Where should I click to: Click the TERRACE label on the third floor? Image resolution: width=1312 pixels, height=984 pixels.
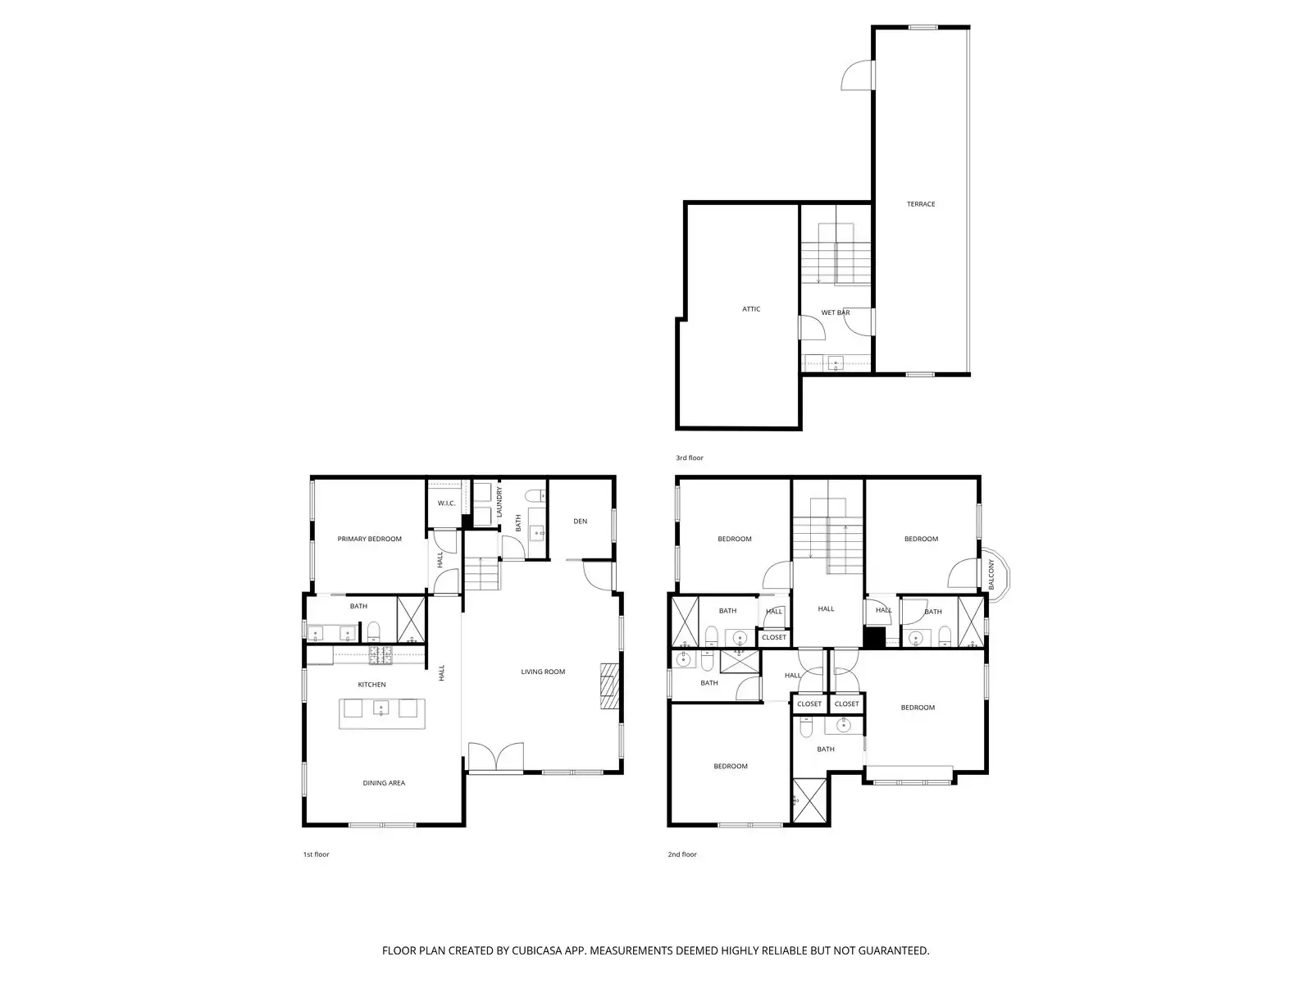click(x=920, y=204)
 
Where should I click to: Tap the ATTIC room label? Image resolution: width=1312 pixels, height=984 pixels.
click(x=751, y=309)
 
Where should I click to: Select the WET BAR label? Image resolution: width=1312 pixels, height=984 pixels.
click(x=835, y=312)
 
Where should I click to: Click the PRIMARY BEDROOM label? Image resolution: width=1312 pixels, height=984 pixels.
click(x=369, y=539)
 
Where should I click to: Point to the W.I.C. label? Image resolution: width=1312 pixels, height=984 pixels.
click(x=446, y=503)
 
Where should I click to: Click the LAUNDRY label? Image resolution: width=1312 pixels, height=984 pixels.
click(x=499, y=501)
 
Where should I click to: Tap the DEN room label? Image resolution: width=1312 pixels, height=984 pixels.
click(x=580, y=521)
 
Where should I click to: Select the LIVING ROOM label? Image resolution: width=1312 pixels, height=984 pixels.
click(x=543, y=672)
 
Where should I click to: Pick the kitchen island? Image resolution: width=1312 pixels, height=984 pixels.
click(x=383, y=708)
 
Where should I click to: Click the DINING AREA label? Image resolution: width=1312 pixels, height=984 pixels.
click(x=384, y=783)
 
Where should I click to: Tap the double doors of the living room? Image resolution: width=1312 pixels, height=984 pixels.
click(x=495, y=756)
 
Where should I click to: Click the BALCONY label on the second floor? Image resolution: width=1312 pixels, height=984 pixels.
click(x=991, y=575)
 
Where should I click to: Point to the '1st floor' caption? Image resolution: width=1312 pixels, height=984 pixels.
click(x=316, y=854)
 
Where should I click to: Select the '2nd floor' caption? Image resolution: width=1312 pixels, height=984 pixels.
click(x=681, y=854)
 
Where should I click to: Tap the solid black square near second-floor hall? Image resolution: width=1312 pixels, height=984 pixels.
click(x=875, y=638)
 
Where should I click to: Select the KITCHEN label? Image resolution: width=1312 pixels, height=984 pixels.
click(x=371, y=685)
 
